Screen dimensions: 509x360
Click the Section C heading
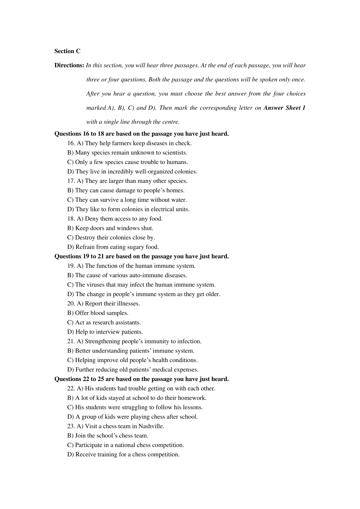pos(67,51)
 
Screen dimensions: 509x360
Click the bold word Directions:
pos(69,65)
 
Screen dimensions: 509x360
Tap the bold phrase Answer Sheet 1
pos(284,108)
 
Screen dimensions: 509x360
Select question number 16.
pos(71,143)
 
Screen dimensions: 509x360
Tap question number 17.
pos(71,181)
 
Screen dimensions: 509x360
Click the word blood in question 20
pos(98,313)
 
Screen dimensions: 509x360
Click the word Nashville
pos(151,426)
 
